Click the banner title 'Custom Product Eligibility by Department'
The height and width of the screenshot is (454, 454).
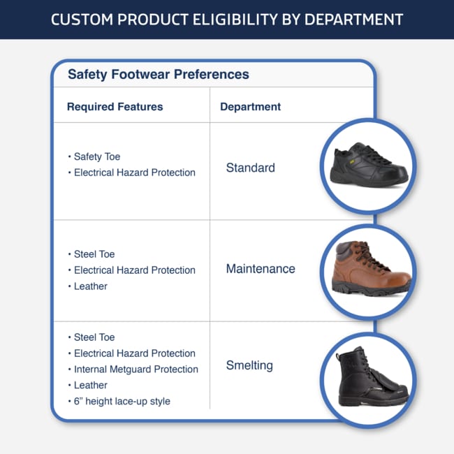pyautogui.click(x=227, y=20)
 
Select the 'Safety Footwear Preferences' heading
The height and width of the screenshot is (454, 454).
pyautogui.click(x=159, y=75)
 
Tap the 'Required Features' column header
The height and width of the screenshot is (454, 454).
pyautogui.click(x=115, y=107)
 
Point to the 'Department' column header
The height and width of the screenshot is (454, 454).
pyautogui.click(x=251, y=107)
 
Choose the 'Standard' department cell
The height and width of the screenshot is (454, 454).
pyautogui.click(x=251, y=168)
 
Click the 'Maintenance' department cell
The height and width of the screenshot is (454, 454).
pyautogui.click(x=261, y=269)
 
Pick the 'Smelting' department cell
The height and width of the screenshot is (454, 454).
pyautogui.click(x=249, y=365)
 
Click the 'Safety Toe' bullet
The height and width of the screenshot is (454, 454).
pyautogui.click(x=97, y=156)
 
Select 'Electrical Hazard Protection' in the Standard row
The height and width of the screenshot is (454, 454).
pyautogui.click(x=135, y=173)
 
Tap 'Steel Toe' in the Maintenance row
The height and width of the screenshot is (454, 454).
pyautogui.click(x=94, y=254)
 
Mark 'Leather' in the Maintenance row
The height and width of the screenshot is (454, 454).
pyautogui.click(x=91, y=286)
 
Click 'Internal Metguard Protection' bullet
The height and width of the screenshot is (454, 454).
pyautogui.click(x=136, y=369)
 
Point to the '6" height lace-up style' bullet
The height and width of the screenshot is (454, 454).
pyautogui.click(x=122, y=402)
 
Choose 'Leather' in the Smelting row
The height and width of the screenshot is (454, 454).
pyautogui.click(x=91, y=386)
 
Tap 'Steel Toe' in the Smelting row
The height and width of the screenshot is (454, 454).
pyautogui.click(x=94, y=337)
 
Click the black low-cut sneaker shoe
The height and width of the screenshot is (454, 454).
pyautogui.click(x=369, y=164)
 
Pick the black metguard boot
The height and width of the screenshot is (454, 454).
pyautogui.click(x=372, y=376)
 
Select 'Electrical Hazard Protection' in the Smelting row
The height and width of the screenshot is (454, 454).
pyautogui.click(x=135, y=353)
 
